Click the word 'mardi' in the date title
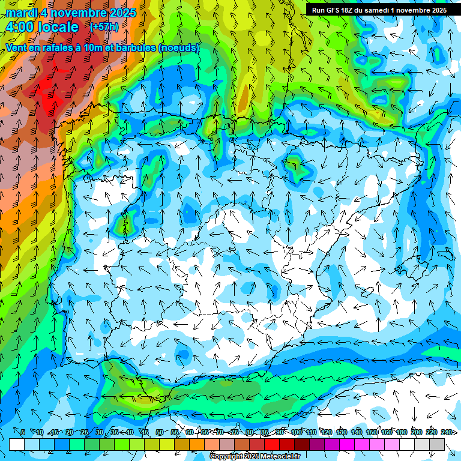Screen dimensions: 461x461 [19, 13]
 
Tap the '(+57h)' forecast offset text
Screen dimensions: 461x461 [103, 27]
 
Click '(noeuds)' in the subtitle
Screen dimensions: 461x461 [179, 47]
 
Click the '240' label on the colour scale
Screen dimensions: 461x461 [446, 432]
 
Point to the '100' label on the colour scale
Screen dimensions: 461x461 [297, 432]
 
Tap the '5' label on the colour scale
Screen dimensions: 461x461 [23, 432]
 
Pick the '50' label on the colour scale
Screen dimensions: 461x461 [159, 432]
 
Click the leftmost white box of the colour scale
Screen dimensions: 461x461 [17, 444]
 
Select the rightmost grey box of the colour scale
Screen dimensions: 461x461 [437, 444]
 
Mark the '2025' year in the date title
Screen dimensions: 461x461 [122, 13]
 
